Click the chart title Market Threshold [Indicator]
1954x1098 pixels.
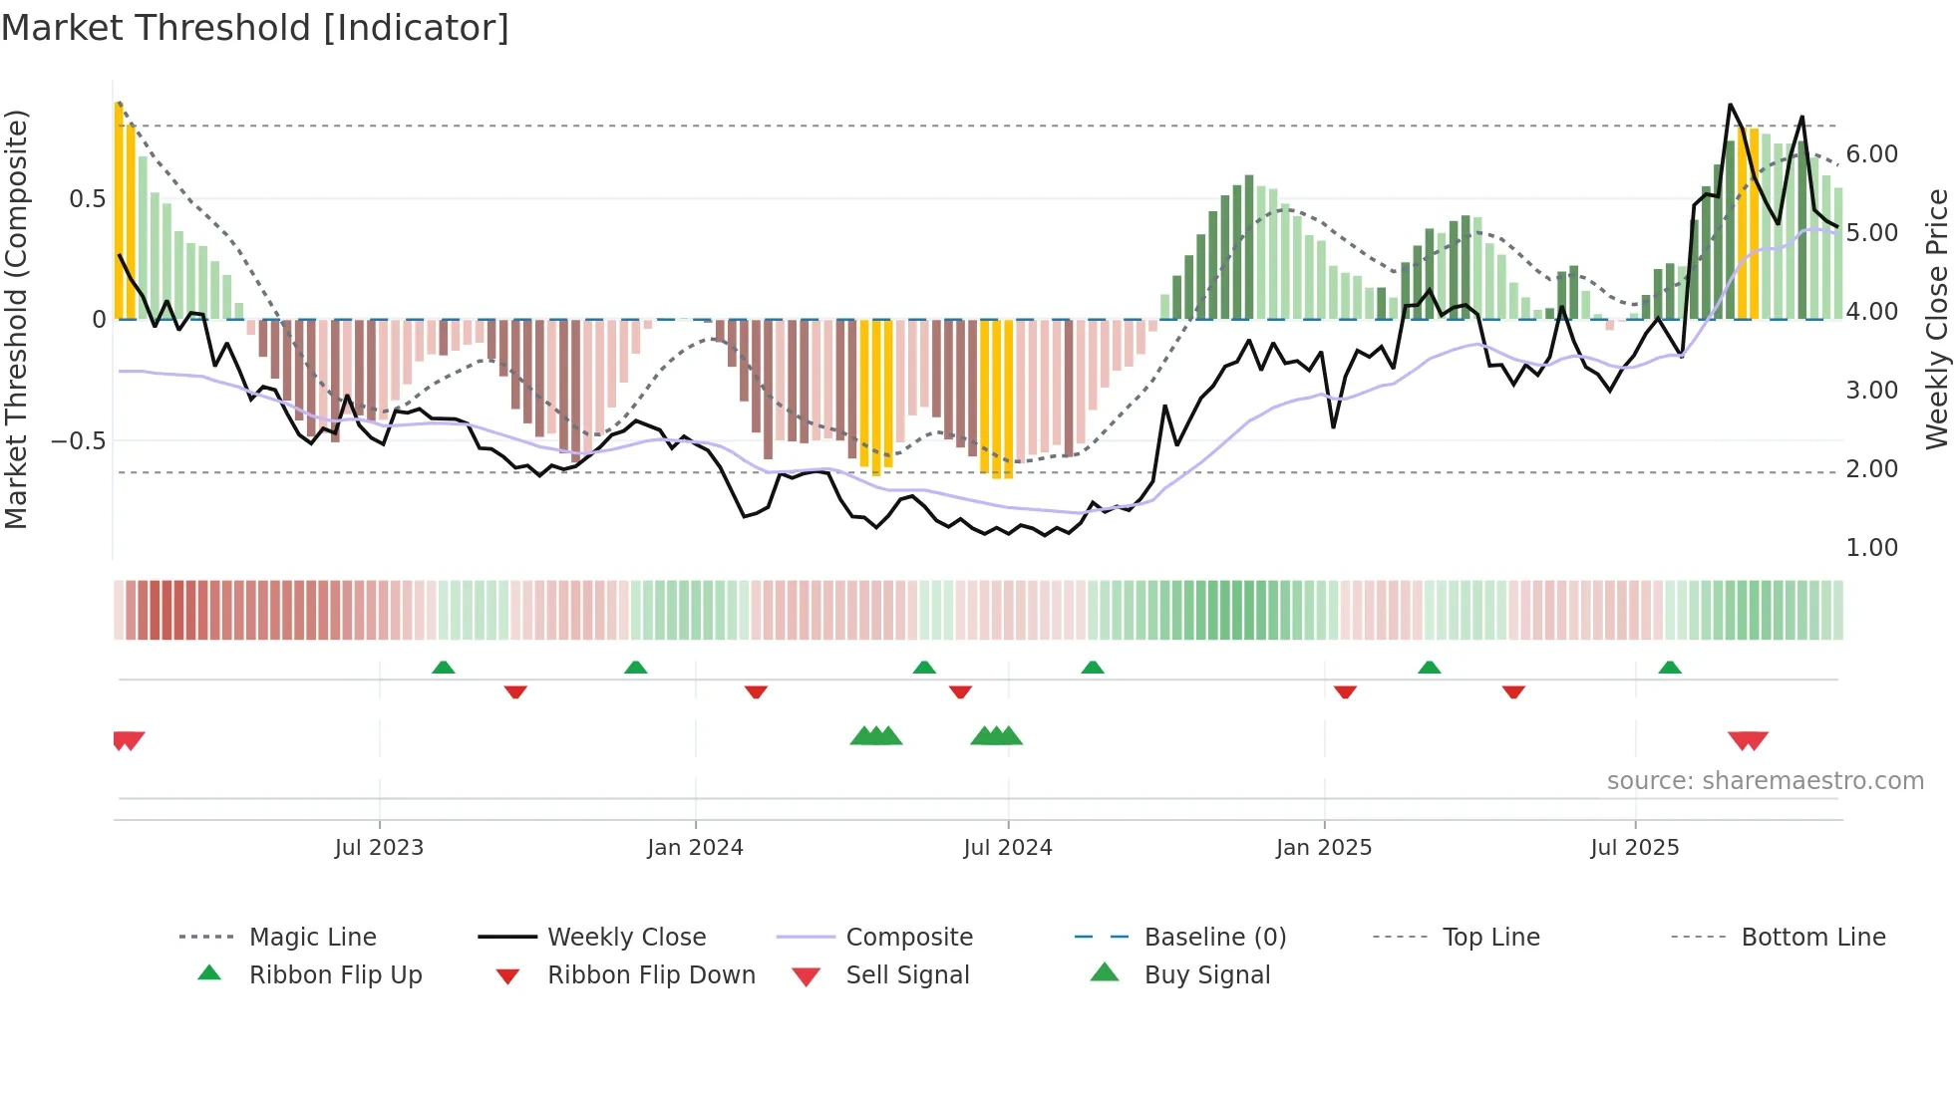coord(255,28)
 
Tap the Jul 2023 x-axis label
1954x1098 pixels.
coord(379,848)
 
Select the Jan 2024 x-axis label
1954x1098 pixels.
coord(695,848)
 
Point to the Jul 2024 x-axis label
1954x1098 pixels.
coord(1007,848)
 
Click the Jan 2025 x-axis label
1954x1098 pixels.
coord(1323,848)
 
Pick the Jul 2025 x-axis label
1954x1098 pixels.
coord(1634,848)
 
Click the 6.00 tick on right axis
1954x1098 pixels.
coord(1871,154)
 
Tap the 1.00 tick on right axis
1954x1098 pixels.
coord(1871,548)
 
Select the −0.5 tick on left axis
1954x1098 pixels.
coord(79,440)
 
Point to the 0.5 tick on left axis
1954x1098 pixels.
coord(87,199)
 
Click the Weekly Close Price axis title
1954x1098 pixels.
coord(1936,319)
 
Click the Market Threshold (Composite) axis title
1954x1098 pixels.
coord(16,319)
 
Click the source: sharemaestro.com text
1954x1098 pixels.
coord(1765,781)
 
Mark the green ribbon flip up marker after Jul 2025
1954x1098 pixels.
coord(1670,668)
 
